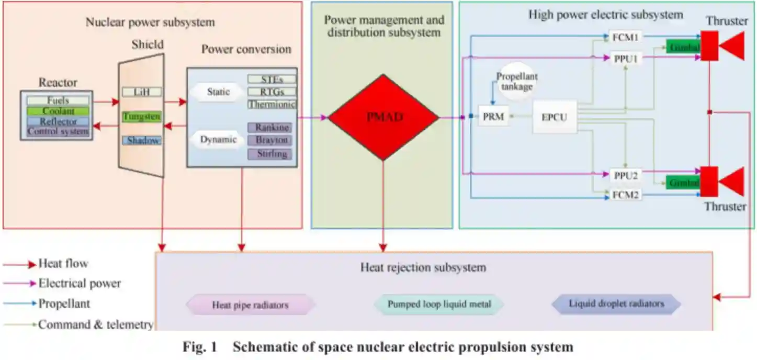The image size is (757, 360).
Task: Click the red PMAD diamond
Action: [383, 117]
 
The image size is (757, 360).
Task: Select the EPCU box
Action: [554, 117]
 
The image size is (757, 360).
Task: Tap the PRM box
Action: [493, 117]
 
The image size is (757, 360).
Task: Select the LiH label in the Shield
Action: [141, 92]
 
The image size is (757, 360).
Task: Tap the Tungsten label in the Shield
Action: [141, 117]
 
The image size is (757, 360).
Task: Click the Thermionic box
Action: [272, 104]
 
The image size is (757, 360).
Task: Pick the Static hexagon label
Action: [218, 92]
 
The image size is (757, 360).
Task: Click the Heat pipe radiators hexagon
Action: [251, 305]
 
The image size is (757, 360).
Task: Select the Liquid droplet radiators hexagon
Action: [616, 303]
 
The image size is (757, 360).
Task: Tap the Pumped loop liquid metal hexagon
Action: [439, 304]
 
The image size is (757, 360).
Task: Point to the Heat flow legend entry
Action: [63, 263]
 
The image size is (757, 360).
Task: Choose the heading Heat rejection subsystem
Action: [423, 268]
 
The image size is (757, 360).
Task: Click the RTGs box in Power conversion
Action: [272, 92]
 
